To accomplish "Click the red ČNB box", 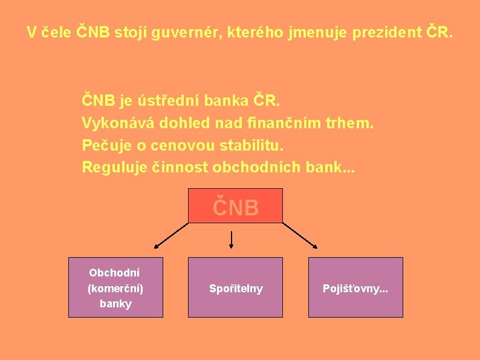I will pyautogui.click(x=235, y=206).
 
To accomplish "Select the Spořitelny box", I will pyautogui.click(x=235, y=287).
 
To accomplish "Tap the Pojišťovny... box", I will pyautogui.click(x=355, y=287).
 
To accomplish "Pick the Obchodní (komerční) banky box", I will pyautogui.click(x=115, y=287).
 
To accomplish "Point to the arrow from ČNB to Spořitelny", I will pyautogui.click(x=232, y=240).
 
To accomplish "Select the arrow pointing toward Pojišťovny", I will pyautogui.click(x=300, y=235).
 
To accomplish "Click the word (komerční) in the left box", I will pyautogui.click(x=115, y=288).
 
